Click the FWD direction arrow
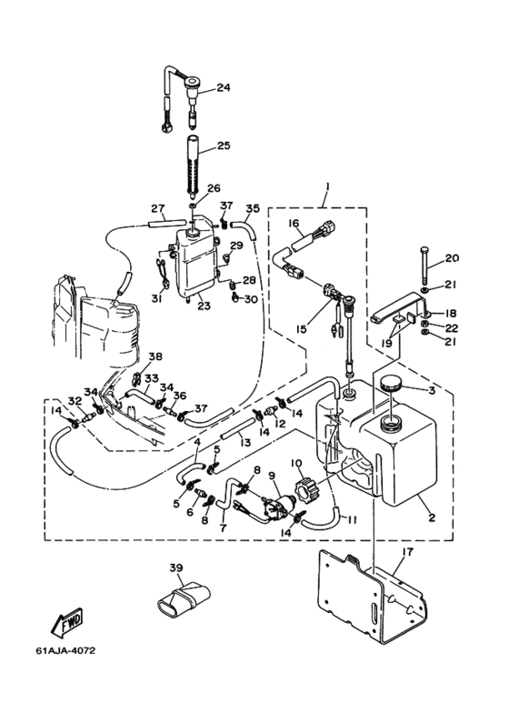66,623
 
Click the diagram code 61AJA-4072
65,650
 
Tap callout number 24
223,87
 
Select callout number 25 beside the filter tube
223,146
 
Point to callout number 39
176,567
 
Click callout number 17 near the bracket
408,551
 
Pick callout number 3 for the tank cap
432,390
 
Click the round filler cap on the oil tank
390,384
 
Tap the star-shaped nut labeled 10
305,487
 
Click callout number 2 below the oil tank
432,517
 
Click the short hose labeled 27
166,223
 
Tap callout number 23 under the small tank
203,306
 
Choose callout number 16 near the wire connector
294,224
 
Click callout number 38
156,357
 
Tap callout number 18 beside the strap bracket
451,313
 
